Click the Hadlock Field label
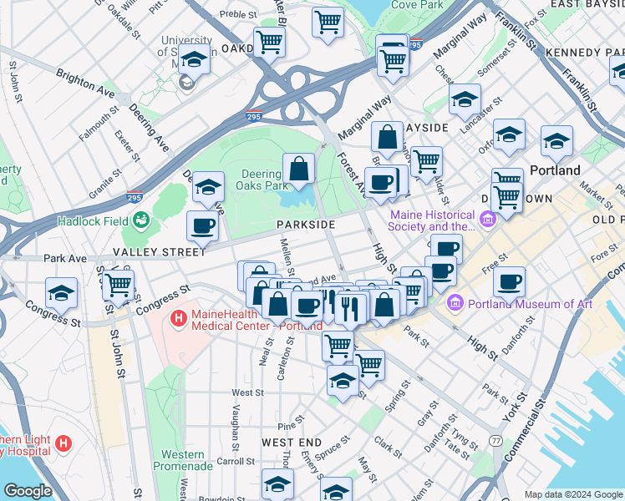tap(92, 221)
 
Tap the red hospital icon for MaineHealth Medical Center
tap(177, 319)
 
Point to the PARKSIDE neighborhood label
tap(307, 225)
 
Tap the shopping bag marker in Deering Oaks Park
tap(298, 170)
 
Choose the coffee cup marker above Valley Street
tap(202, 225)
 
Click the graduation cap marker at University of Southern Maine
tap(194, 62)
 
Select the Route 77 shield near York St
tap(496, 440)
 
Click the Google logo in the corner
tap(27, 491)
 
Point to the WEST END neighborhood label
tap(291, 442)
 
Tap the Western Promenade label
tap(179, 461)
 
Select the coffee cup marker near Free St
tap(508, 282)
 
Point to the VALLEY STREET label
tap(159, 251)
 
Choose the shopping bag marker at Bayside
tap(387, 137)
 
